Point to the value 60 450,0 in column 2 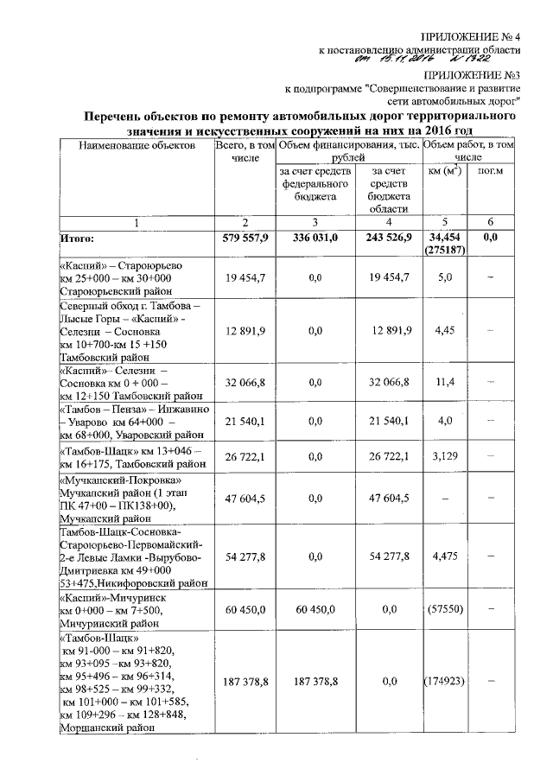coord(245,609)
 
